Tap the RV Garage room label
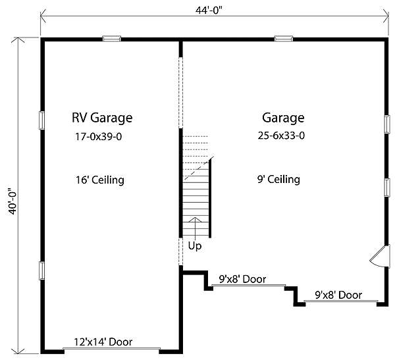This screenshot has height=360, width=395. click(x=102, y=118)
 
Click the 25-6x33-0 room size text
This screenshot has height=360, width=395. click(x=281, y=136)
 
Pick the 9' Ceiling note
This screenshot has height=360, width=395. click(x=278, y=179)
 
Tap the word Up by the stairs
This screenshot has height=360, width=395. click(x=195, y=246)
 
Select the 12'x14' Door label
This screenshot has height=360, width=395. click(x=103, y=342)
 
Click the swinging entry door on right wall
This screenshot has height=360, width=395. click(x=379, y=257)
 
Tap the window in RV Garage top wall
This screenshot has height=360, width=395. click(x=111, y=39)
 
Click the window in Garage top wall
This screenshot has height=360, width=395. click(x=284, y=39)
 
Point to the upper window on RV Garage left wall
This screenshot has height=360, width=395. click(x=42, y=120)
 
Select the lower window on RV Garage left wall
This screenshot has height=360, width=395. click(x=42, y=270)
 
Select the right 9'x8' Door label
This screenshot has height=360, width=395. click(x=338, y=296)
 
